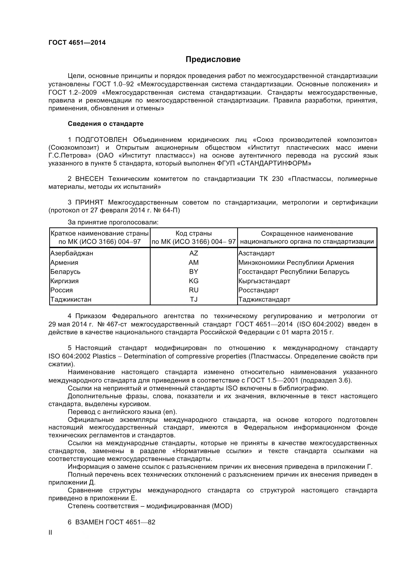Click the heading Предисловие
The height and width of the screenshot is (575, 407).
[213, 59]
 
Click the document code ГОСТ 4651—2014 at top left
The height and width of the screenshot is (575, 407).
[77, 43]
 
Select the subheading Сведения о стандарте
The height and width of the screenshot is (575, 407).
[106, 124]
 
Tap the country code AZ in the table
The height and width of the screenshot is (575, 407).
[193, 253]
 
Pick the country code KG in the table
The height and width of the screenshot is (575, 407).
[193, 281]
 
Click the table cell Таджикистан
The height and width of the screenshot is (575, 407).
[71, 299]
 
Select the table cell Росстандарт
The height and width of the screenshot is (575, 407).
[258, 290]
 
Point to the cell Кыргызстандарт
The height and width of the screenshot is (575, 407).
[264, 281]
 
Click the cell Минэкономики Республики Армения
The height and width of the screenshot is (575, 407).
[296, 263]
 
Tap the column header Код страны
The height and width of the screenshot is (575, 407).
[193, 233]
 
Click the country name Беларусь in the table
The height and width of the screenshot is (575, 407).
[65, 271]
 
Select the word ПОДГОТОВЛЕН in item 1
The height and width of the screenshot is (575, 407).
[101, 140]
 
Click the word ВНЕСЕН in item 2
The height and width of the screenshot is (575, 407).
[89, 179]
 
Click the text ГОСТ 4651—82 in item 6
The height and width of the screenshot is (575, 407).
[130, 522]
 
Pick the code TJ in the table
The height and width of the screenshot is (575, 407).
[193, 299]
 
